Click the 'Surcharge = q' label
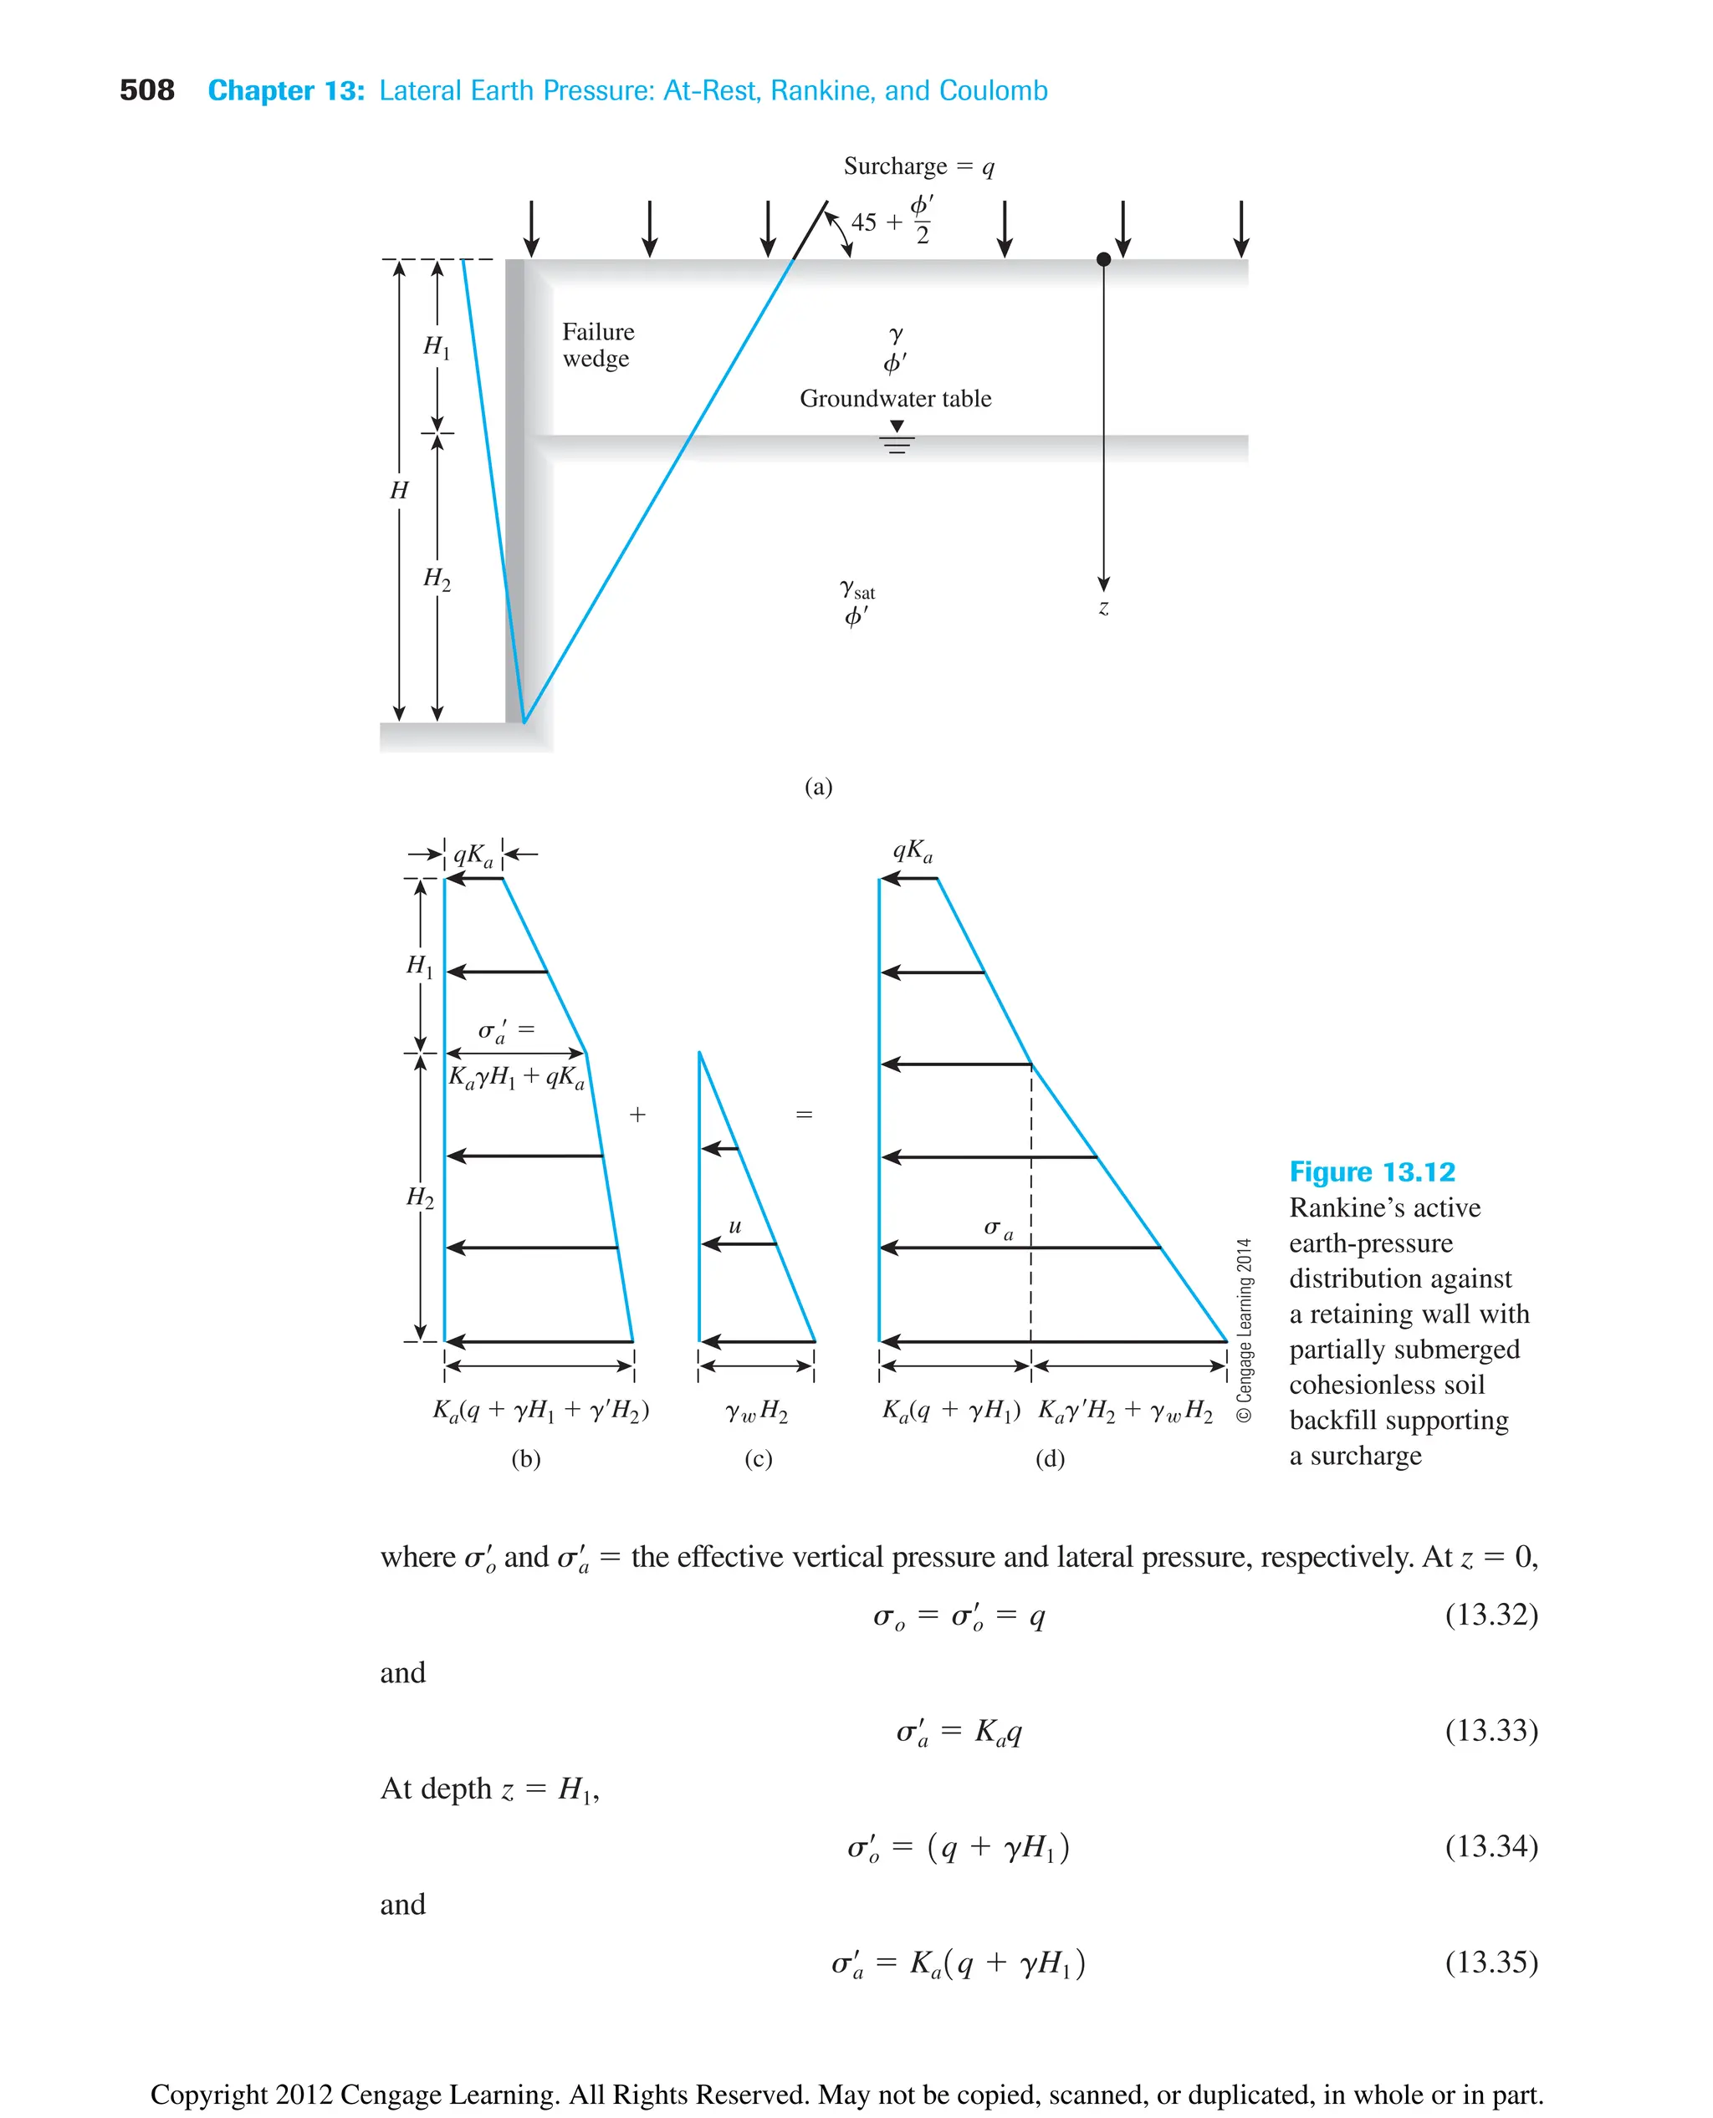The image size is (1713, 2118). pos(918,166)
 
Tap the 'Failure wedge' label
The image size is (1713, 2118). pos(597,344)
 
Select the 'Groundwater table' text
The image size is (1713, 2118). pos(895,399)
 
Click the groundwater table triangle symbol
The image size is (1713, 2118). pos(897,427)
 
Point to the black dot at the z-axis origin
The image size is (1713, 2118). pos(1103,259)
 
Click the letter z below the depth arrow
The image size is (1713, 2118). pos(1103,608)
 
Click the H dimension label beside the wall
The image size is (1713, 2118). pos(399,490)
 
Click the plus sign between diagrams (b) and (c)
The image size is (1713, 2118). pos(637,1115)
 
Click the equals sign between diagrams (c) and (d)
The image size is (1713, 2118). pos(804,1115)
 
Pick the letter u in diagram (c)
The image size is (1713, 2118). pos(735,1226)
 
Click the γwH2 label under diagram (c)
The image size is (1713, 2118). pos(757,1411)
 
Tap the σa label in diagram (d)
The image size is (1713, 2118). pos(998,1228)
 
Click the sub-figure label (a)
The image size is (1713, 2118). pos(818,786)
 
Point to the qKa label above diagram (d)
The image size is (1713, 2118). pos(912,850)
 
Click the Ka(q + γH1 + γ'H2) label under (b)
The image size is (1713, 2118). pos(540,1411)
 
